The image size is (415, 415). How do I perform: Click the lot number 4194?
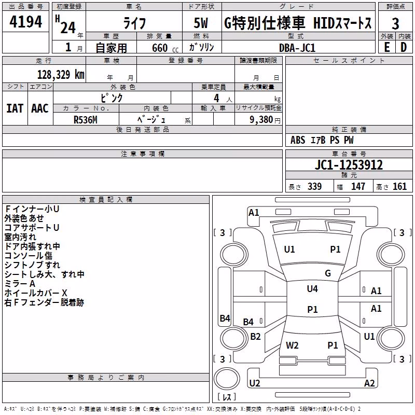click(x=25, y=22)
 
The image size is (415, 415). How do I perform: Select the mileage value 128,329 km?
click(x=61, y=75)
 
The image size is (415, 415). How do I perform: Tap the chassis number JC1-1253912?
click(x=349, y=165)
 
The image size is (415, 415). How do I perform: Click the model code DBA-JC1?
click(x=297, y=48)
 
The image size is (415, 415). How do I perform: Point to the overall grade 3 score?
click(x=395, y=24)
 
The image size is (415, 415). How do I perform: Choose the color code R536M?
click(x=86, y=120)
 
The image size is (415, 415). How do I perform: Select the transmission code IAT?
click(x=15, y=108)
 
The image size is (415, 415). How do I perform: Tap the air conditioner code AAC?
click(x=40, y=108)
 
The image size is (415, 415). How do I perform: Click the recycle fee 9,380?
click(x=261, y=119)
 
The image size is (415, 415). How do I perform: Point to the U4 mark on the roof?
click(x=312, y=289)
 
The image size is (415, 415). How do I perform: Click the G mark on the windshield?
click(x=328, y=273)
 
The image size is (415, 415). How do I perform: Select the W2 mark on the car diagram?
click(x=292, y=345)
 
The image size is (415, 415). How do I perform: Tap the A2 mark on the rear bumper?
click(x=369, y=383)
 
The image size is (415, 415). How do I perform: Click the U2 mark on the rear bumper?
click(x=255, y=383)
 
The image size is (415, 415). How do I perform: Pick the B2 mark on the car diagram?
click(x=255, y=336)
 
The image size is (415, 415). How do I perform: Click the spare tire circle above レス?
click(x=227, y=379)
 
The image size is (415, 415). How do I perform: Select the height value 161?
click(x=399, y=186)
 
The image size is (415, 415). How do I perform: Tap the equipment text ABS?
click(x=298, y=140)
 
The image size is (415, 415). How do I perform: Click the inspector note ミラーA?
click(x=20, y=284)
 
